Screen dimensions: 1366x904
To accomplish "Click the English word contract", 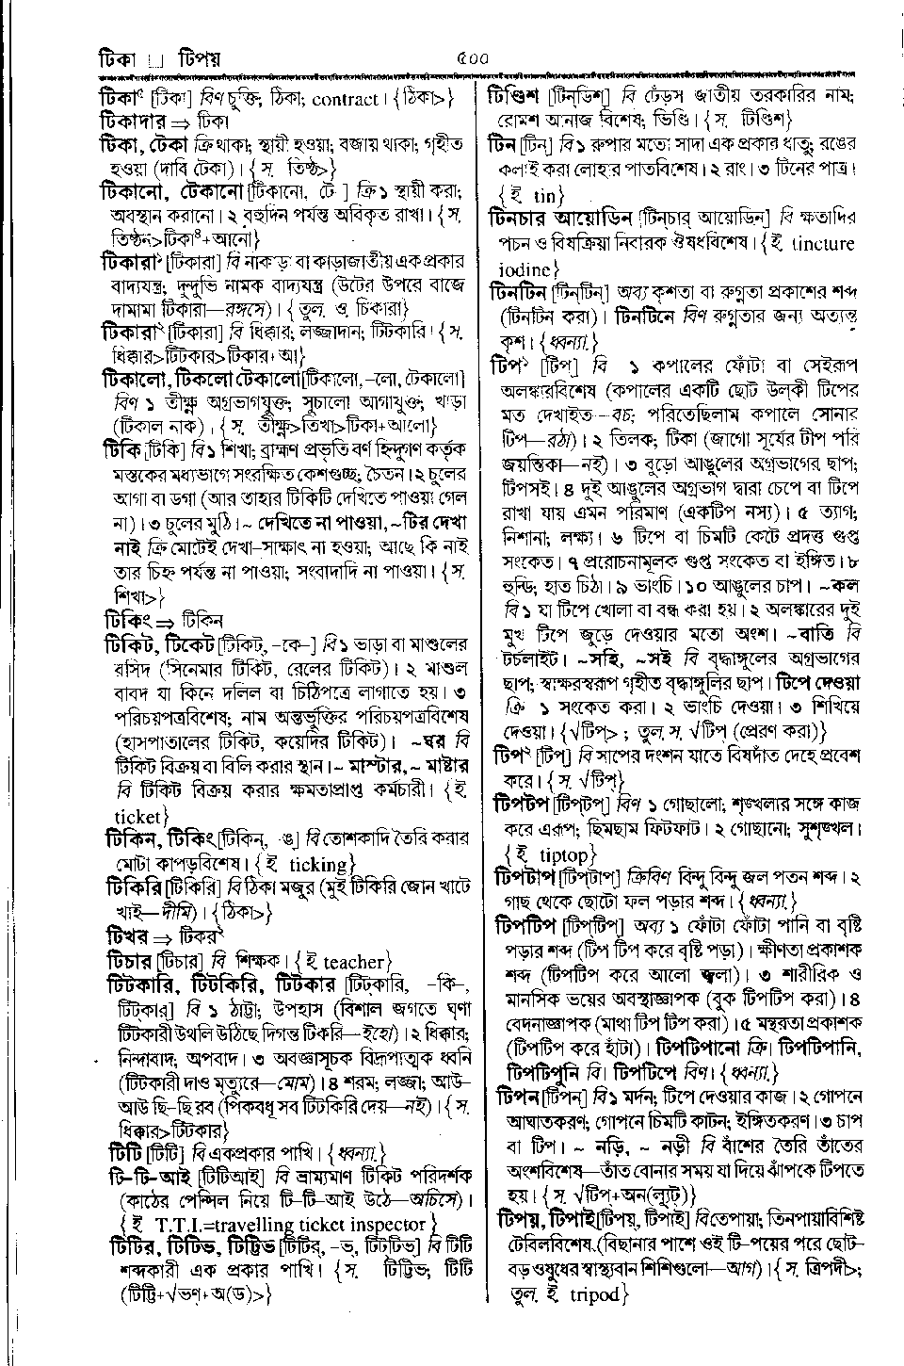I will [x=345, y=98].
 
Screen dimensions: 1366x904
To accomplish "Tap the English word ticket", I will [x=137, y=815].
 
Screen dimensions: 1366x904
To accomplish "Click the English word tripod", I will [x=595, y=1294].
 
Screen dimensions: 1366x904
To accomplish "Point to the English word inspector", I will [x=384, y=1224].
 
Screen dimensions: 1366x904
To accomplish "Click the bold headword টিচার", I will [x=127, y=962].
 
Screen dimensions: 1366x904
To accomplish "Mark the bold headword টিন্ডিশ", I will [x=517, y=96].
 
